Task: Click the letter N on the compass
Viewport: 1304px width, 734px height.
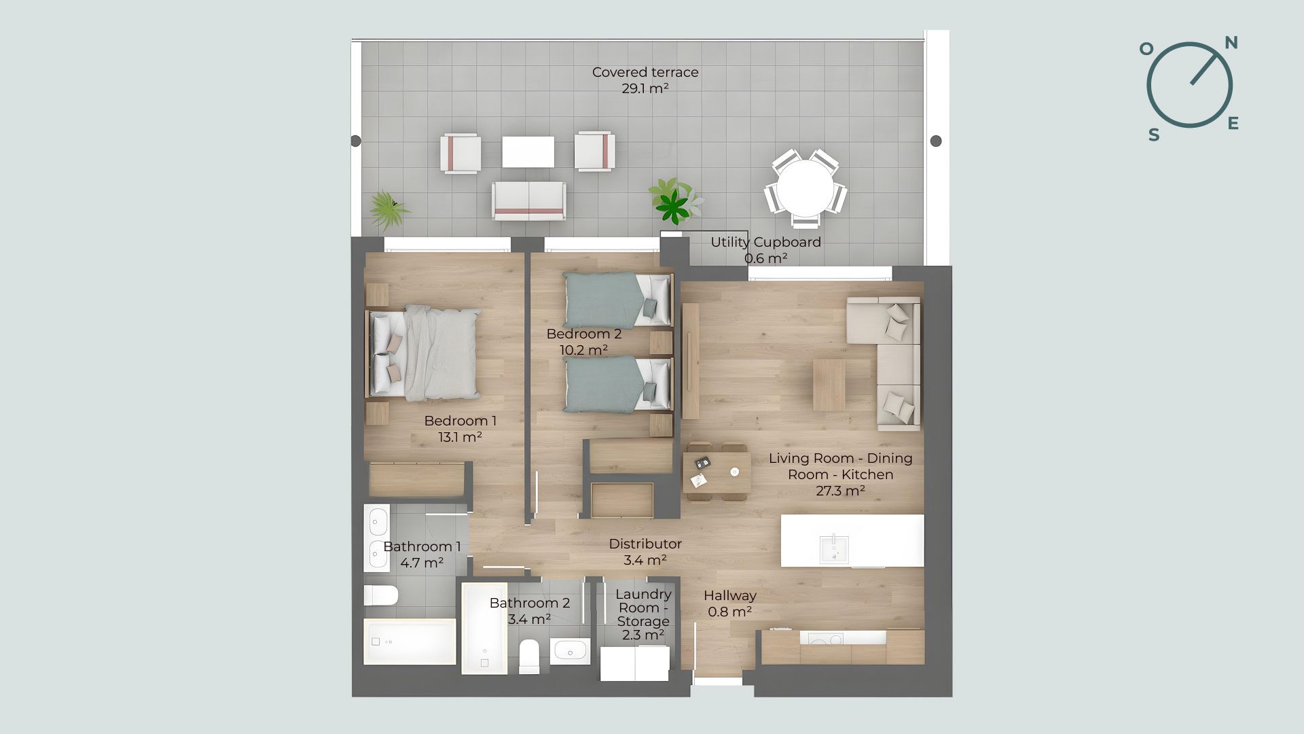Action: [x=1231, y=43]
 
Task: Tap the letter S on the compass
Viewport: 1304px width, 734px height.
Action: [x=1154, y=135]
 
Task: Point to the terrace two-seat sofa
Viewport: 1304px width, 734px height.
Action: [x=529, y=200]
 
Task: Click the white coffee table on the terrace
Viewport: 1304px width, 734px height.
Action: [x=528, y=151]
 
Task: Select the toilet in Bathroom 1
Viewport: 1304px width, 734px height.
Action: [x=380, y=595]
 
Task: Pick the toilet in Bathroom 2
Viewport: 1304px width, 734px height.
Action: [x=529, y=656]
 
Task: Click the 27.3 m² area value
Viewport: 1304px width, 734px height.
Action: [x=840, y=491]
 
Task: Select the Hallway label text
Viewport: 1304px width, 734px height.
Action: [x=729, y=595]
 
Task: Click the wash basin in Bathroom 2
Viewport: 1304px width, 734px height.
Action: [x=570, y=650]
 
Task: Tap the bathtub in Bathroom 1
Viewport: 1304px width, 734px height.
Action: [x=410, y=641]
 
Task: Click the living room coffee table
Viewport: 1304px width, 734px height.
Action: [x=829, y=385]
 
